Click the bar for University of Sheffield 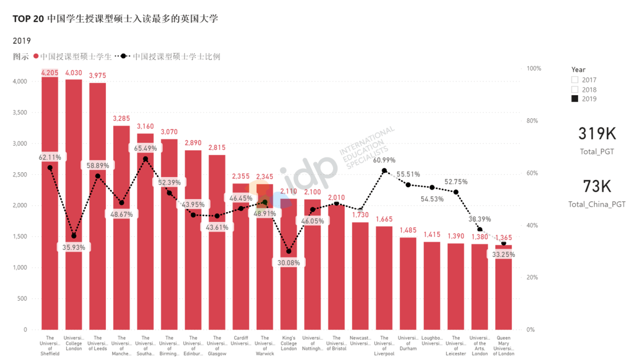click(50, 237)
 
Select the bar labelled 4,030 click(74, 237)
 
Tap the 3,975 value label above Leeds click(98, 75)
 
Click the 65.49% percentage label click(146, 148)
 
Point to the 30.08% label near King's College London click(289, 263)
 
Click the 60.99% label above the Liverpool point click(385, 160)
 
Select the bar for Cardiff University click(241, 266)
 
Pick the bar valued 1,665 click(385, 278)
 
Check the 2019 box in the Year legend click(575, 99)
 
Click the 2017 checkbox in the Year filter click(575, 80)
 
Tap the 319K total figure click(597, 134)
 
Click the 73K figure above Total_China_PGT click(597, 187)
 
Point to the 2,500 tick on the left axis click(19, 175)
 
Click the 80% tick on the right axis click(533, 121)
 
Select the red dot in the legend click(36, 57)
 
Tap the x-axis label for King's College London click(289, 344)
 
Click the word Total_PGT click(597, 152)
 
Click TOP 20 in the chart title click(28, 19)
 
